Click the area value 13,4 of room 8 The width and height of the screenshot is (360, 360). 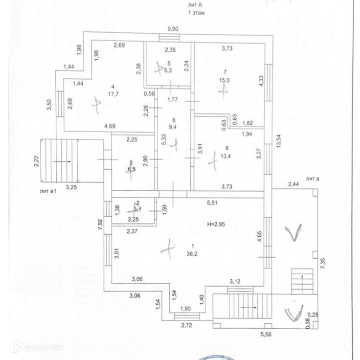211,156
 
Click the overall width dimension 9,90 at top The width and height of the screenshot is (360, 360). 173,29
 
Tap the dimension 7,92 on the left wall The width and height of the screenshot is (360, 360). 100,224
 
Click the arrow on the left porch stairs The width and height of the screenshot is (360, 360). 62,160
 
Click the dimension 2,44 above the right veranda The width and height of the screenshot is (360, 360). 293,184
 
